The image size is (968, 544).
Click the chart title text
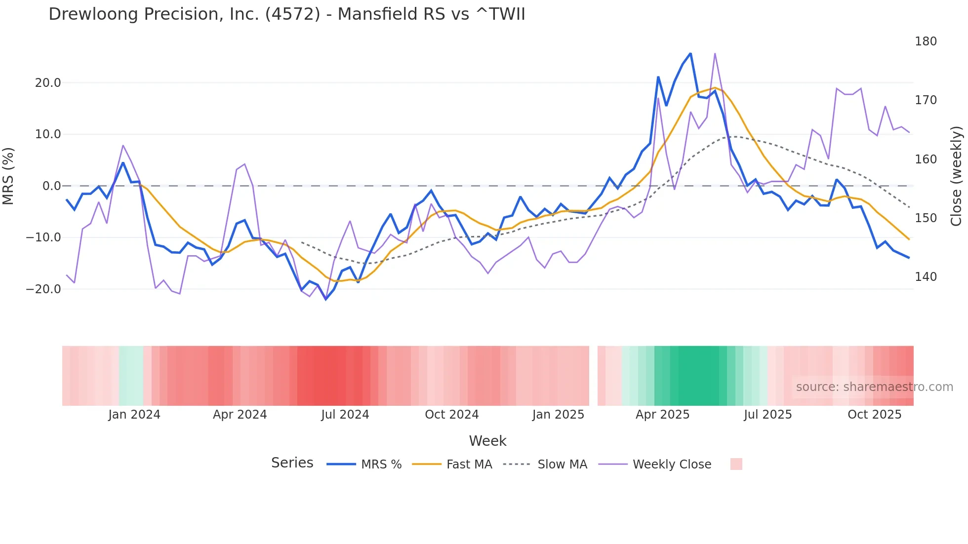(x=286, y=14)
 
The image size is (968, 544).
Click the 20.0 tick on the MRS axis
(x=48, y=83)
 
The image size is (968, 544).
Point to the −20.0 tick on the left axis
(x=43, y=289)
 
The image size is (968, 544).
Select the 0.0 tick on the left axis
(x=51, y=186)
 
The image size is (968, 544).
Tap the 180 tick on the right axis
(x=926, y=41)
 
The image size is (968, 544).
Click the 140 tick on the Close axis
(x=926, y=277)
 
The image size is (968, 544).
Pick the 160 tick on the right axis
(x=926, y=159)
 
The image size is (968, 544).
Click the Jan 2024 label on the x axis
(x=134, y=415)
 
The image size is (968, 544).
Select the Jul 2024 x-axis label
(x=345, y=415)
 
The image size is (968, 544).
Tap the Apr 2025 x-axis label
(x=662, y=415)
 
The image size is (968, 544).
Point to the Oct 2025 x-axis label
(x=874, y=415)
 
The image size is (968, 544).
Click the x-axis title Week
(x=487, y=441)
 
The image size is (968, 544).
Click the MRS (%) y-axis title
(x=8, y=176)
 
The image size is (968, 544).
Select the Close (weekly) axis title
(x=956, y=176)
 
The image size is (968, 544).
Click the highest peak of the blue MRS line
(x=690, y=53)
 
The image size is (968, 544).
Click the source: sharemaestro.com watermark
(x=874, y=387)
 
